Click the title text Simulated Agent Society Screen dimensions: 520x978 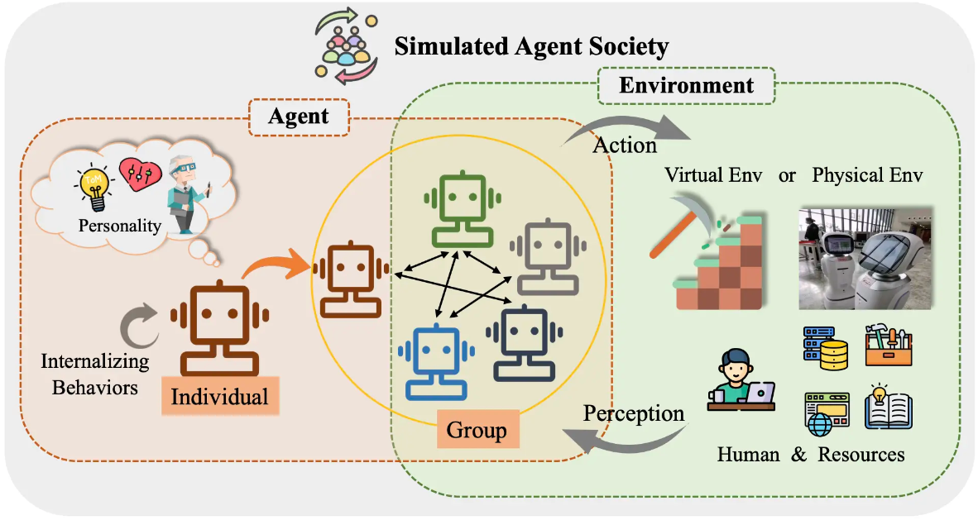530,47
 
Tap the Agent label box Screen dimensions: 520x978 298,117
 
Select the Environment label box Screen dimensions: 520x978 686,85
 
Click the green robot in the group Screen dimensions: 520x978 462,210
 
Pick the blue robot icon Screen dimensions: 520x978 434,361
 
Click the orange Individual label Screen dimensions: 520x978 219,396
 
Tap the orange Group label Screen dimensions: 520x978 476,430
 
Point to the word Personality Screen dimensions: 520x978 120,225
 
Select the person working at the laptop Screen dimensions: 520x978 738,381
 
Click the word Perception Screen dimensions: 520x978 634,413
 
